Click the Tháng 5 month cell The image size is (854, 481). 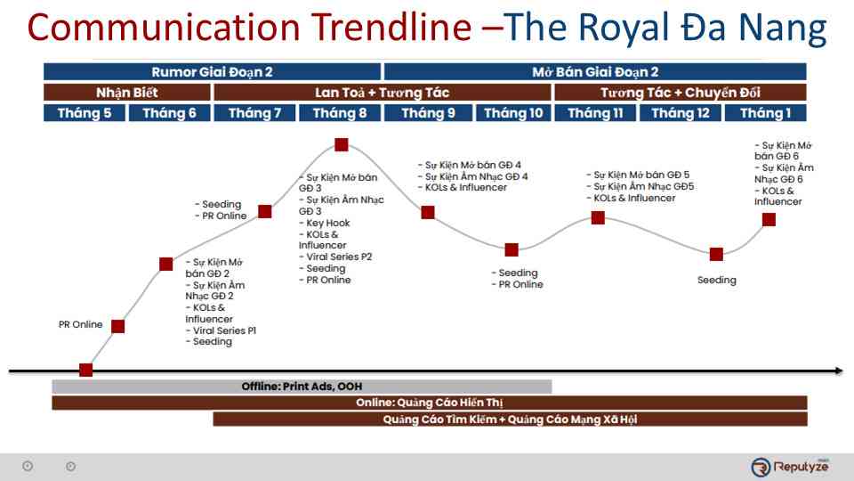pyautogui.click(x=85, y=113)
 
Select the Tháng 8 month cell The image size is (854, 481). pyautogui.click(x=340, y=113)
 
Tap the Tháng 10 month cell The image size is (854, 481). pyautogui.click(x=512, y=113)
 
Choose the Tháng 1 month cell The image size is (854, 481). pyautogui.click(x=765, y=113)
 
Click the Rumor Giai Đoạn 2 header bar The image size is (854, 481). pyautogui.click(x=212, y=72)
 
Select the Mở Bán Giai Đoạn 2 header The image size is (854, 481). pyautogui.click(x=595, y=72)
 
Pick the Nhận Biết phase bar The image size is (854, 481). pyautogui.click(x=127, y=93)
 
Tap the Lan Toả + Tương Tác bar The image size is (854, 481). pyautogui.click(x=383, y=93)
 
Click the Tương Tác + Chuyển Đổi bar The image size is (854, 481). pyautogui.click(x=681, y=93)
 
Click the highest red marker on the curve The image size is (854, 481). pyautogui.click(x=342, y=145)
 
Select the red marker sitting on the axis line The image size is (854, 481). pyautogui.click(x=86, y=370)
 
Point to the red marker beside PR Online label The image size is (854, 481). pyautogui.click(x=117, y=326)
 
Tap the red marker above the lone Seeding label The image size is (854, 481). pyautogui.click(x=716, y=254)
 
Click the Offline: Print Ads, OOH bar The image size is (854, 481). pyautogui.click(x=302, y=387)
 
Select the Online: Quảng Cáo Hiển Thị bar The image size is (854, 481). pyautogui.click(x=429, y=403)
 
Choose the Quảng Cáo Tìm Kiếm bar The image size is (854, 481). pyautogui.click(x=510, y=420)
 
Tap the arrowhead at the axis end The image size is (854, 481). pyautogui.click(x=838, y=370)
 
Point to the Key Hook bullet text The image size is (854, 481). pyautogui.click(x=327, y=223)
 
